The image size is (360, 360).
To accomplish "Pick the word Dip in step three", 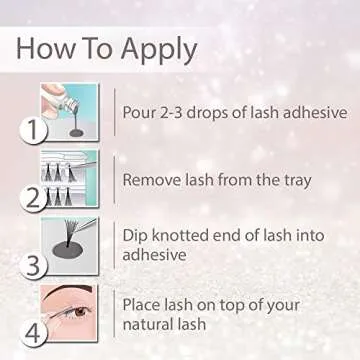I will [137, 237].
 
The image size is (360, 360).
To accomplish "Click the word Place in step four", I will [144, 302].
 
